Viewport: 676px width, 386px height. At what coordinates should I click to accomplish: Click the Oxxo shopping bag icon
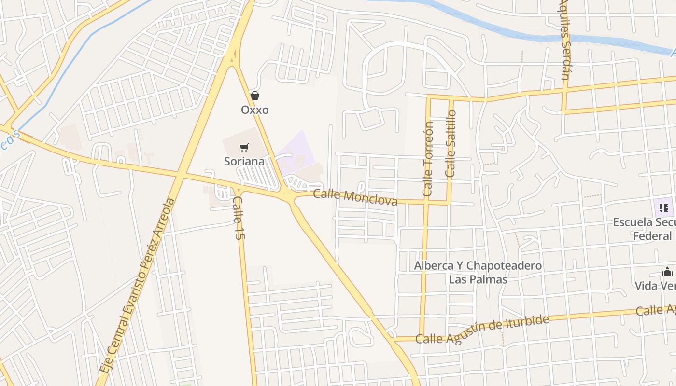click(254, 96)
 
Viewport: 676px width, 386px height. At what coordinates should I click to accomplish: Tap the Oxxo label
click(254, 110)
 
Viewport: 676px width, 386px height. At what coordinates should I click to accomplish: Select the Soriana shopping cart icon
click(244, 147)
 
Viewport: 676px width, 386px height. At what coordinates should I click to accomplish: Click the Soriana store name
click(244, 161)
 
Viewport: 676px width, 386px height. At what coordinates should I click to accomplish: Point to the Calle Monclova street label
click(355, 197)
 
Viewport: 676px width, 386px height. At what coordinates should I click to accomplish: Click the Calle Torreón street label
click(428, 159)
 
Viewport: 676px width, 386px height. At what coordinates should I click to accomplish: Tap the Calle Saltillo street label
click(451, 144)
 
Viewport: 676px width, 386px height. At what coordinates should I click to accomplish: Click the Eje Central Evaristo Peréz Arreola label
click(137, 285)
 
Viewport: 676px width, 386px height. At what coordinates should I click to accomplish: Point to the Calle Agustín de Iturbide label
click(482, 330)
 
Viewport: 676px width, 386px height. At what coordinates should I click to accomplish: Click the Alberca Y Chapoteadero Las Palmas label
click(478, 272)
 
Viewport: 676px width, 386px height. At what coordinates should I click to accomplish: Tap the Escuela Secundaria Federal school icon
click(663, 208)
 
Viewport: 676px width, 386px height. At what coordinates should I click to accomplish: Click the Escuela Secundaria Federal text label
click(645, 229)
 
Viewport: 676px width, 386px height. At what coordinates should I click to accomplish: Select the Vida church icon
click(667, 272)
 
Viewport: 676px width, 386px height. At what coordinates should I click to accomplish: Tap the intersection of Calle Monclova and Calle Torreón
click(426, 202)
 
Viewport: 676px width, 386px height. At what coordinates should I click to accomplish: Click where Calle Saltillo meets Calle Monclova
click(449, 203)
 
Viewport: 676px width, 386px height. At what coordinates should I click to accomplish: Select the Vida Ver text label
click(655, 286)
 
